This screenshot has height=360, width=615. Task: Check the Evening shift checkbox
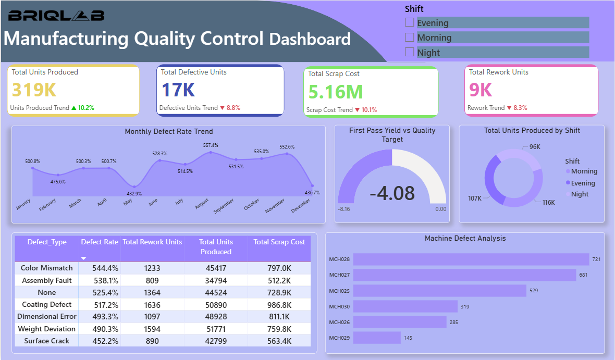pyautogui.click(x=410, y=22)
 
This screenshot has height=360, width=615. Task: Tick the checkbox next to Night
pyautogui.click(x=410, y=52)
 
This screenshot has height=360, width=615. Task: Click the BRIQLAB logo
pyautogui.click(x=56, y=16)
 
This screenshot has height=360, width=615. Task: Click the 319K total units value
pyautogui.click(x=34, y=90)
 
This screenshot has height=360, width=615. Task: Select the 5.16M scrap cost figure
pyautogui.click(x=335, y=92)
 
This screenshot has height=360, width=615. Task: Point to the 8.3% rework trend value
pyautogui.click(x=520, y=108)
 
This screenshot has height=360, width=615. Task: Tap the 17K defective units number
pyautogui.click(x=178, y=90)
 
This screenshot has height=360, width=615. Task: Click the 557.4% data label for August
pyautogui.click(x=211, y=145)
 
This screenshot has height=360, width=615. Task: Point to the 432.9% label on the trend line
pyautogui.click(x=134, y=194)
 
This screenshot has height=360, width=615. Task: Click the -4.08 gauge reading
pyautogui.click(x=392, y=193)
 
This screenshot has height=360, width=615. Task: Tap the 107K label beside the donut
pyautogui.click(x=475, y=198)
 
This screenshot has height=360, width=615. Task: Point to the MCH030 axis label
pyautogui.click(x=339, y=307)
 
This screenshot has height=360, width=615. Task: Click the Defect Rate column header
pyautogui.click(x=100, y=242)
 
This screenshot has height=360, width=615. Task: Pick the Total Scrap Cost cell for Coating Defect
pyautogui.click(x=279, y=304)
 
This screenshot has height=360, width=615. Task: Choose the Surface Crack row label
pyautogui.click(x=47, y=341)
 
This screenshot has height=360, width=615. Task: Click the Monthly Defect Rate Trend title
pyautogui.click(x=168, y=132)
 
